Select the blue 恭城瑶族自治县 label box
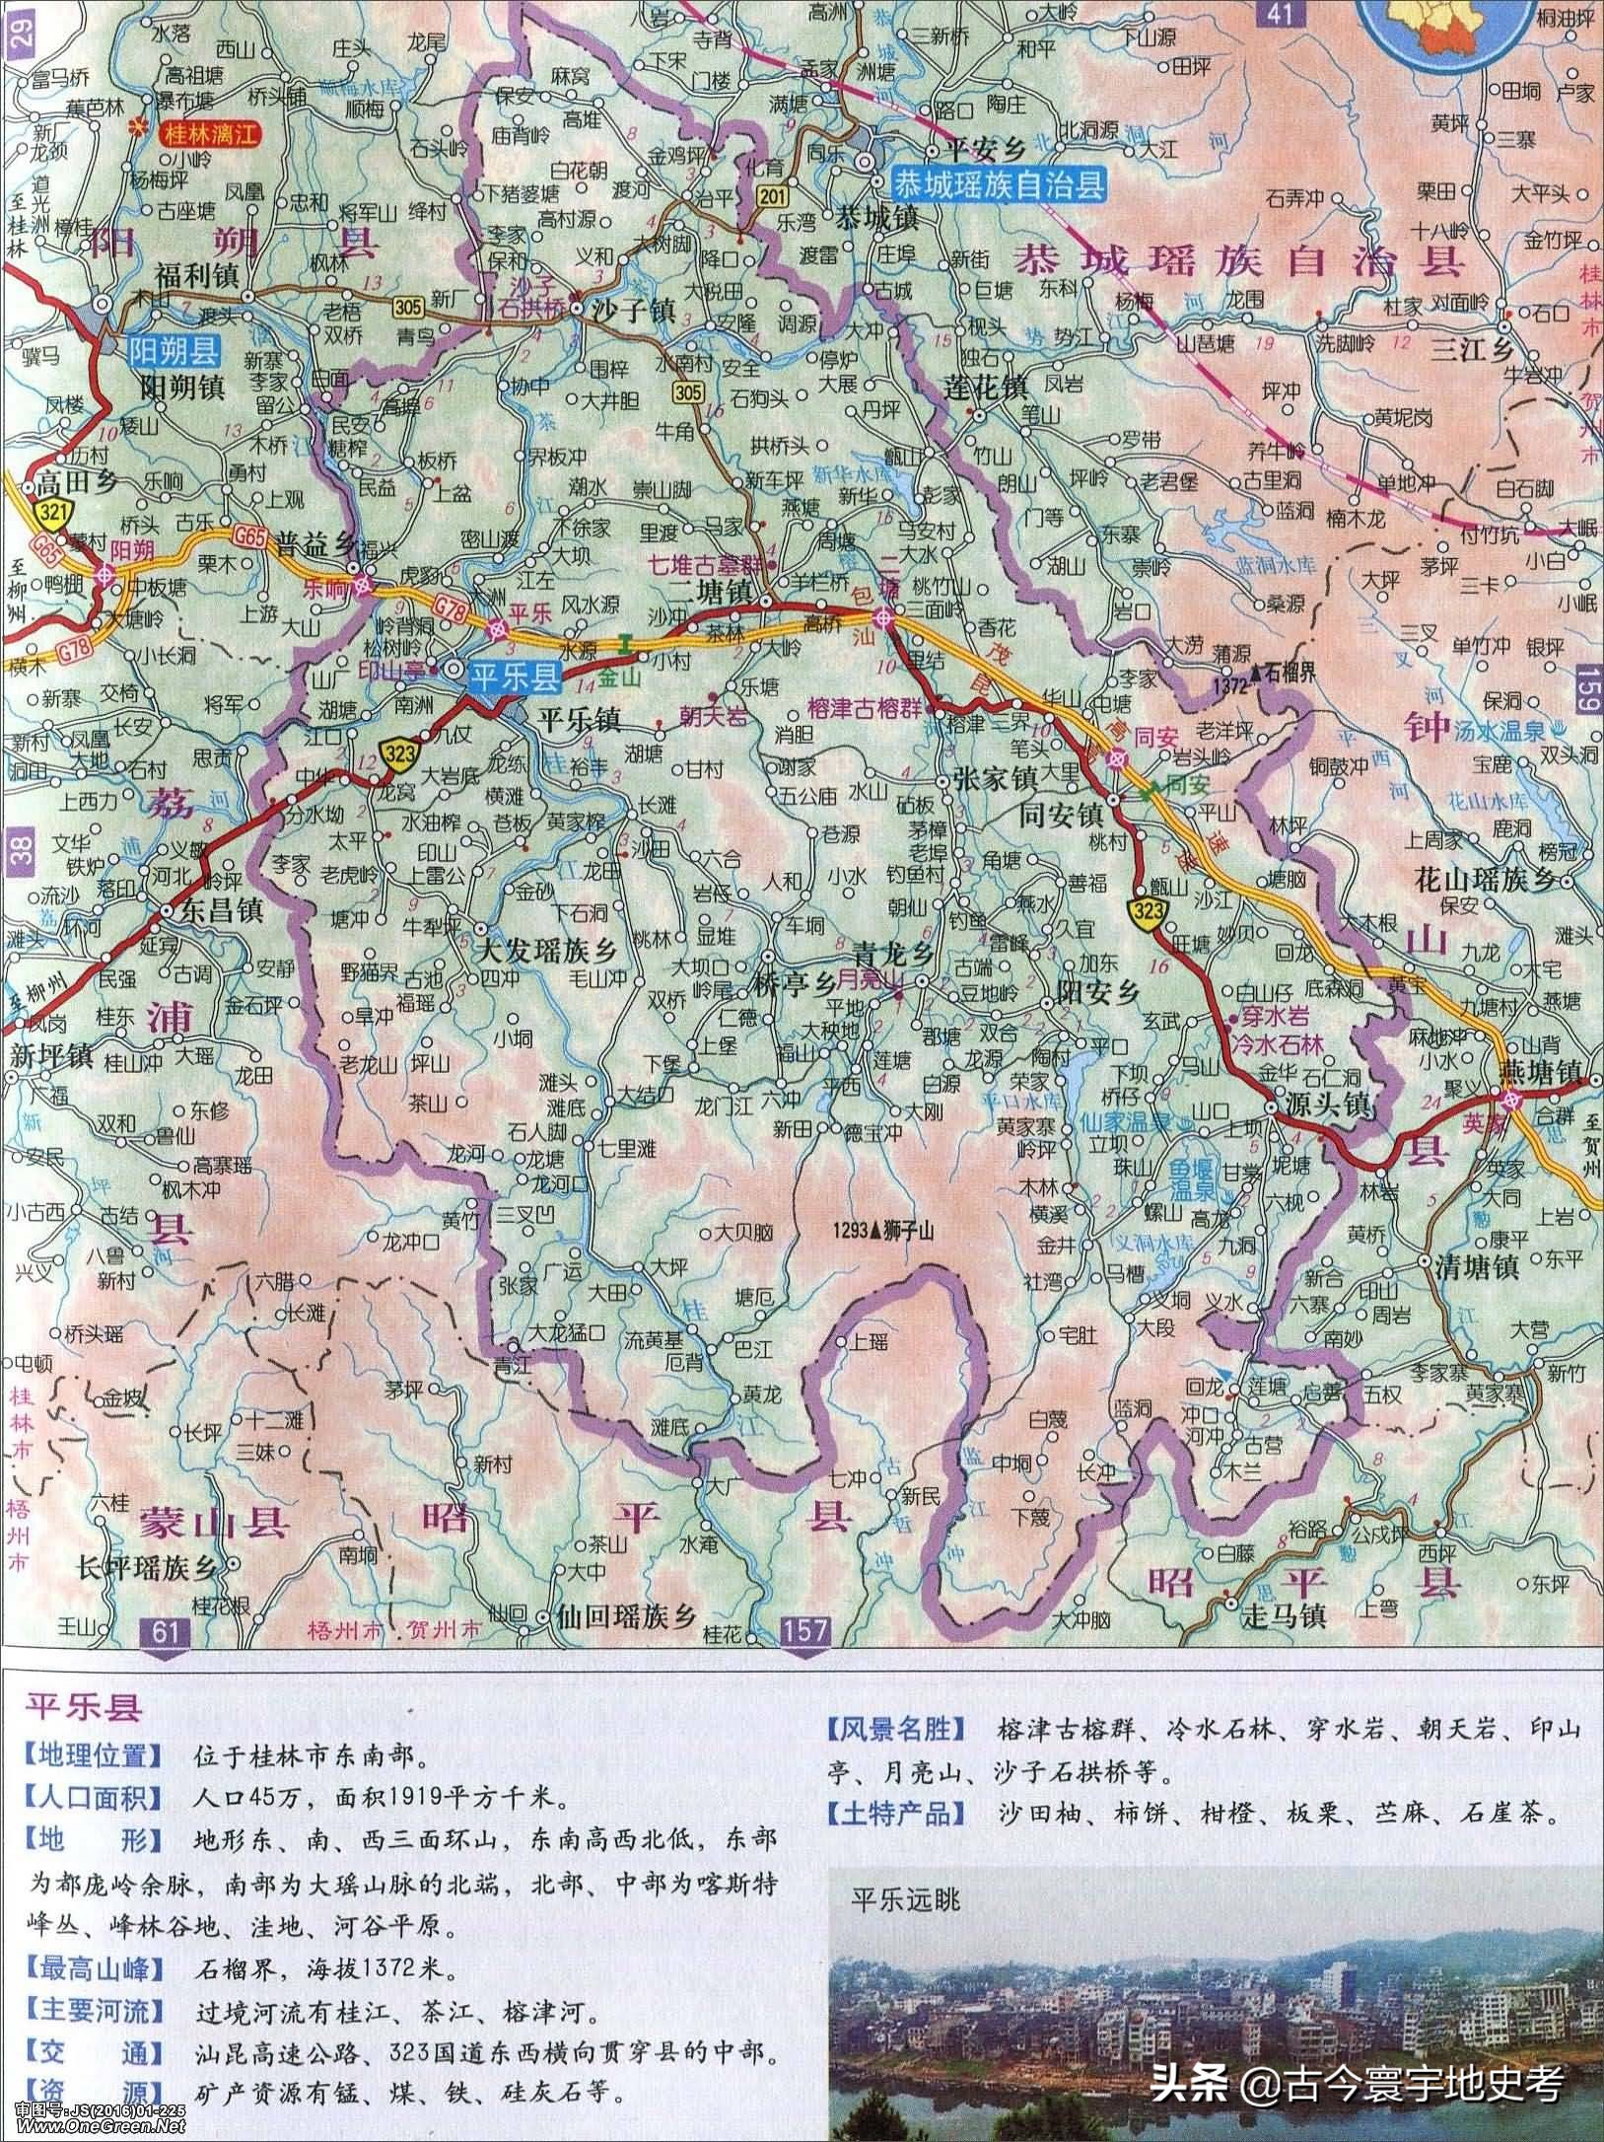(1000, 183)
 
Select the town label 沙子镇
(631, 312)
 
